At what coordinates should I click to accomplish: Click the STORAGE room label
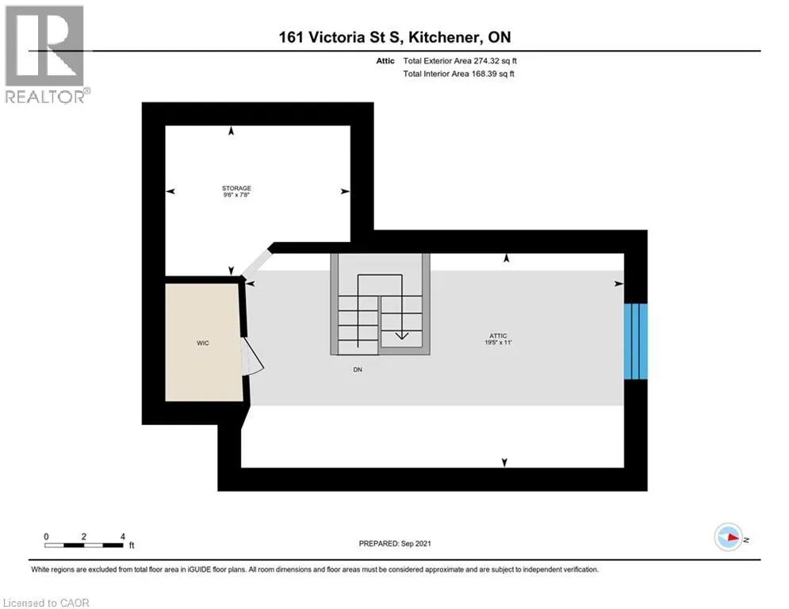236,188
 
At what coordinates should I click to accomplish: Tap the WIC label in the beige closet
203,343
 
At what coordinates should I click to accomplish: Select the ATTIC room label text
498,335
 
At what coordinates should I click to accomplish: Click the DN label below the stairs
358,370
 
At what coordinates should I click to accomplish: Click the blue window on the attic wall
635,341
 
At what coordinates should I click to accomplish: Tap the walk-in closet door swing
253,355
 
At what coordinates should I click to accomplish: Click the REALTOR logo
46,54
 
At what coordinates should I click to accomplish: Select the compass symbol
729,538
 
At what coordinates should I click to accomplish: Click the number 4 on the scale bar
122,537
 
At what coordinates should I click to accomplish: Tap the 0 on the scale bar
46,537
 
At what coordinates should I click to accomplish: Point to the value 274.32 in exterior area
487,61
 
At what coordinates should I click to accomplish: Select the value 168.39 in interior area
484,74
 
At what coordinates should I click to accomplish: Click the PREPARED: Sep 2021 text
395,543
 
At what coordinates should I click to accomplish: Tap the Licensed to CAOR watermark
46,603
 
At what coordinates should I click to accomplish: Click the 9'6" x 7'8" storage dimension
236,195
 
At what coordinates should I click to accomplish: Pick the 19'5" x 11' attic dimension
498,343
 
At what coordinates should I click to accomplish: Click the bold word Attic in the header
385,61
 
